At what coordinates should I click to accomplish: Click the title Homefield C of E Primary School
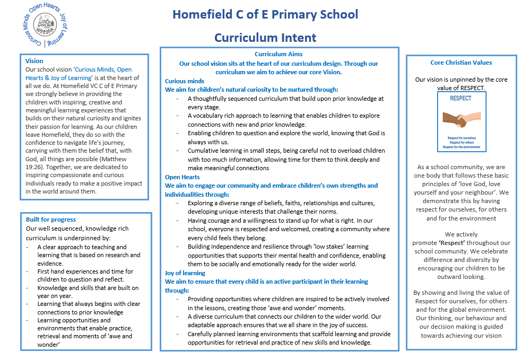265,14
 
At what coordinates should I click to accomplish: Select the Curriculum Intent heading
265,38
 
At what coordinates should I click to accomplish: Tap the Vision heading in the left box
34,61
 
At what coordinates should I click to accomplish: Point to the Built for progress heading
51,219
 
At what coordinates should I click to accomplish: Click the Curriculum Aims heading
279,54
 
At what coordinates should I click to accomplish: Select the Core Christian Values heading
461,63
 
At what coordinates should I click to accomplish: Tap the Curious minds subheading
185,81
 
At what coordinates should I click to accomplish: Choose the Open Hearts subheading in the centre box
183,177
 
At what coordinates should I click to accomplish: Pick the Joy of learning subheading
185,273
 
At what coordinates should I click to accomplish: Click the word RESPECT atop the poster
461,98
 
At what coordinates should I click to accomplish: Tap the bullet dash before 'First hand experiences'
28,271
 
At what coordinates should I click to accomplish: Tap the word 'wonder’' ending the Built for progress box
48,345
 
